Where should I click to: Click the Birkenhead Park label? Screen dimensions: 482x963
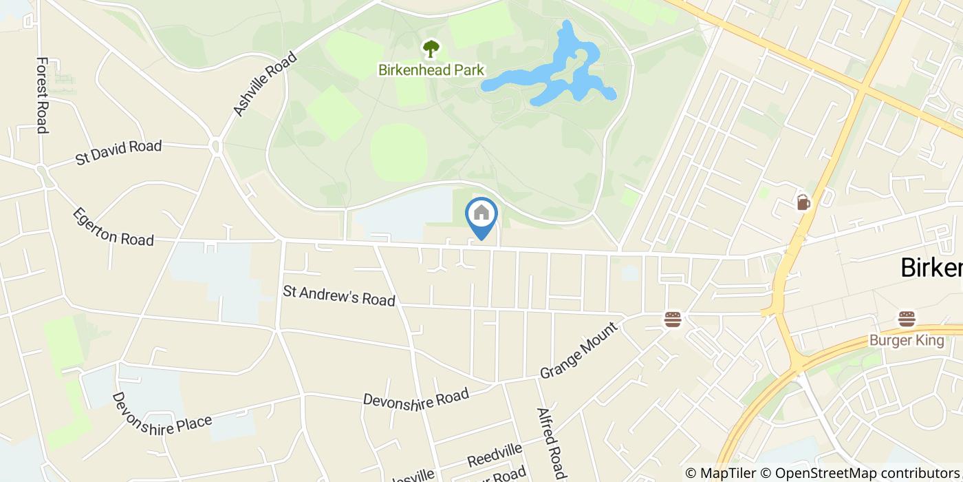pyautogui.click(x=431, y=70)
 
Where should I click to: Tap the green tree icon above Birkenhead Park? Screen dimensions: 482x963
pyautogui.click(x=431, y=49)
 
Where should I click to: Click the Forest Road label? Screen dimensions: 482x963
pyautogui.click(x=42, y=95)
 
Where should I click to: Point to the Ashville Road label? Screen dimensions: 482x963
pyautogui.click(x=265, y=84)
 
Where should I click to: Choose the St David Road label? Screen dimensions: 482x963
pyautogui.click(x=118, y=152)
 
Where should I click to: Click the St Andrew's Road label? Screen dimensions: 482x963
pyautogui.click(x=339, y=295)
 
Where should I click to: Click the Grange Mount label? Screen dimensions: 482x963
pyautogui.click(x=579, y=351)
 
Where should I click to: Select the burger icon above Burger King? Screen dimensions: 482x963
pyautogui.click(x=906, y=319)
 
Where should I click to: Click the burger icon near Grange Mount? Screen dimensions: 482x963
pyautogui.click(x=672, y=319)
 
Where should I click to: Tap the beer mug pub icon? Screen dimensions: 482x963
pyautogui.click(x=803, y=202)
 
